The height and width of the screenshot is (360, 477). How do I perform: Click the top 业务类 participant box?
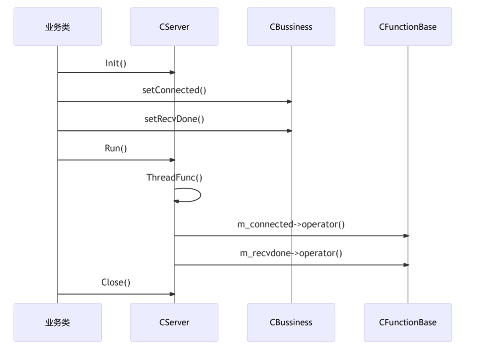point(57,27)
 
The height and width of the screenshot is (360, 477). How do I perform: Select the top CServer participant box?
point(174,27)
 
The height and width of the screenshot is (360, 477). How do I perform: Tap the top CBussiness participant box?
point(291,27)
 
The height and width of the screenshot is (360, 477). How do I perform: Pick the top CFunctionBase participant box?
point(407,27)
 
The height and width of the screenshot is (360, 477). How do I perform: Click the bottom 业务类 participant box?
point(57,322)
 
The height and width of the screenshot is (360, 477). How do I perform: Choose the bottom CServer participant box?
point(174,322)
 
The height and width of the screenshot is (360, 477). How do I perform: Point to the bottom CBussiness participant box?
point(291,322)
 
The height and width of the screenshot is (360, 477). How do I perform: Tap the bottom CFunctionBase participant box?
point(407,322)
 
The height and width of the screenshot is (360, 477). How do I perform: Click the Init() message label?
point(116,63)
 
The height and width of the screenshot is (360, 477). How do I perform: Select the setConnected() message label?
point(174,90)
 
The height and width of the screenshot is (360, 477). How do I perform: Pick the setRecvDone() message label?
point(174,119)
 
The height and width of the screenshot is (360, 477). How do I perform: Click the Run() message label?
point(116,148)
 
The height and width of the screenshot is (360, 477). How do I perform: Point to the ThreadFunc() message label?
point(174,178)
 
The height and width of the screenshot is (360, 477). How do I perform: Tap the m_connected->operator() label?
point(291,224)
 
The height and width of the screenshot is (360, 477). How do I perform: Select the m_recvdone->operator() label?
point(291,254)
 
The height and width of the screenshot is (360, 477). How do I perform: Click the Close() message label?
point(116,282)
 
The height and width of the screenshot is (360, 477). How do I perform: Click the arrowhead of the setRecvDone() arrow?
point(289,131)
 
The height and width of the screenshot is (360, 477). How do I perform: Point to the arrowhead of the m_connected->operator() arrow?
point(406,236)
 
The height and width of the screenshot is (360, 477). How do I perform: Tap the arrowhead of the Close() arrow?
point(172,294)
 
